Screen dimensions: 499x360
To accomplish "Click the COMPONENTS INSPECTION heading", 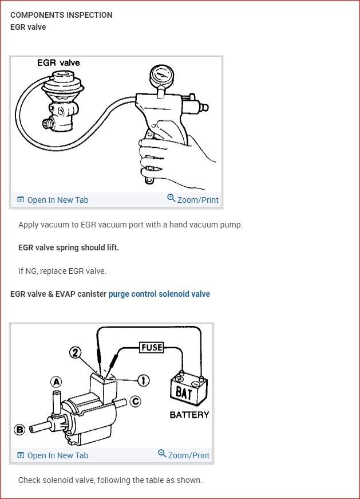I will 61,15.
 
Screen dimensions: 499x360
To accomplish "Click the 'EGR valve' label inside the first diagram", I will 58,62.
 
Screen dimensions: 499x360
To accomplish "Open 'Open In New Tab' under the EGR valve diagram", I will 53,200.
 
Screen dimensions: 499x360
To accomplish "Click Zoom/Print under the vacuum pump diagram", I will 193,200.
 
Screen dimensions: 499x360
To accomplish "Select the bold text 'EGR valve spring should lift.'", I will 69,247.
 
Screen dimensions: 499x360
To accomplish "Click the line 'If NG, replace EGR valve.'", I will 62,271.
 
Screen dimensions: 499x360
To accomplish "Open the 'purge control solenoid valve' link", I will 159,294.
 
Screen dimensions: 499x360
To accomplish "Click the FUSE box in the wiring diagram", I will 152,347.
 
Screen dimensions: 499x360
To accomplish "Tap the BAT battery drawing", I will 189,389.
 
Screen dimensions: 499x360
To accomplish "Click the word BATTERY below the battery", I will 189,414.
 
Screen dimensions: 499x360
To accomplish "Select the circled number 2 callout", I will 75,352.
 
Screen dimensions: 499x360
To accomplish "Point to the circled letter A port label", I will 56,382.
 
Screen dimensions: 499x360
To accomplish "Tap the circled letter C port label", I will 135,401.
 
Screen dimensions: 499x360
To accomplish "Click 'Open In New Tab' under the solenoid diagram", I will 53,455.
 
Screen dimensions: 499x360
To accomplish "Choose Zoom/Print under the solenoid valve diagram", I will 184,455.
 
